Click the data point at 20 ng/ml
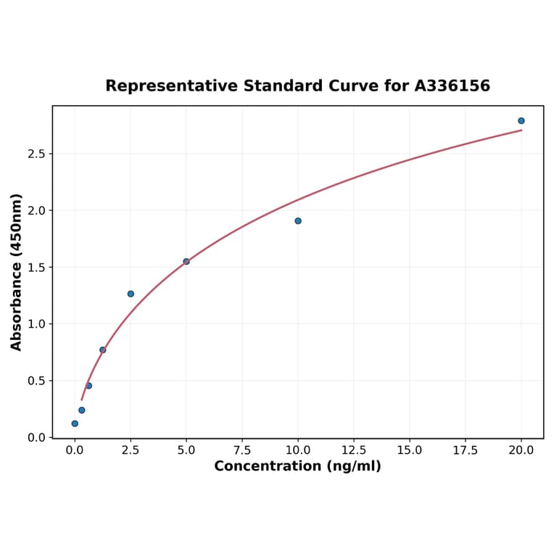[x=521, y=121]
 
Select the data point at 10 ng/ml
[x=298, y=220]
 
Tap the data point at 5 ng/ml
[x=186, y=261]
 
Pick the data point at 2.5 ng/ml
[x=131, y=294]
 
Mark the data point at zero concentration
[x=75, y=423]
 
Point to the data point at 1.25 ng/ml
[x=103, y=350]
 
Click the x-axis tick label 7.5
[x=242, y=450]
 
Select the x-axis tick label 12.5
[x=354, y=450]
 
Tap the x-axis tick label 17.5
[x=466, y=450]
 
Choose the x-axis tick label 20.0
[x=521, y=450]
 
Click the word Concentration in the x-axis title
[x=268, y=466]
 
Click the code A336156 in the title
[x=452, y=86]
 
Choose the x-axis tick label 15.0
[x=410, y=450]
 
